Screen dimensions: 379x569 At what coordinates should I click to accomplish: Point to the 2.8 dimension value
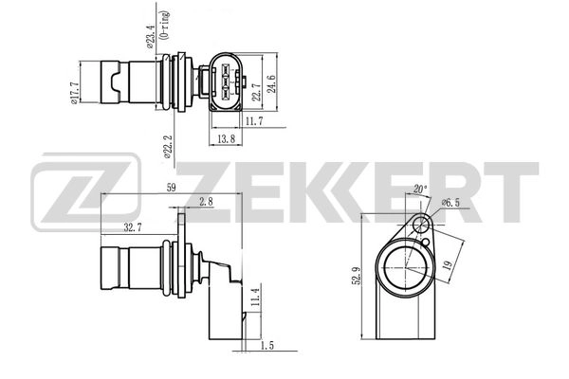(207, 201)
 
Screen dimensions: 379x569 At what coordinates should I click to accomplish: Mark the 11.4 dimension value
(253, 302)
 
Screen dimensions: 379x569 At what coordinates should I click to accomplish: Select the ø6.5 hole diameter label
(451, 203)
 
